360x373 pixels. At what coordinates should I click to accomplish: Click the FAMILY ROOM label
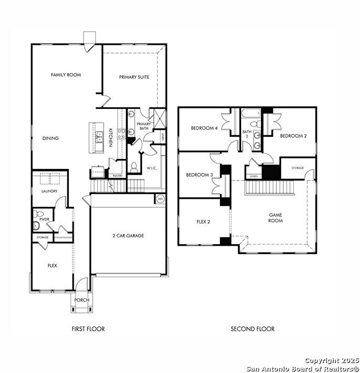[x=66, y=75]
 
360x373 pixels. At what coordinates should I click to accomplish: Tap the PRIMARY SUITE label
[x=134, y=77]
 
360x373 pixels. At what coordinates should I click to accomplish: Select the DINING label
[x=51, y=138]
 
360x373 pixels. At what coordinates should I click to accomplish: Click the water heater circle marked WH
[x=161, y=199]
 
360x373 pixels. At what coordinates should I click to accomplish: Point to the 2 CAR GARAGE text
[x=128, y=236]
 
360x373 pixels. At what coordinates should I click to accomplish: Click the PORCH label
[x=82, y=300]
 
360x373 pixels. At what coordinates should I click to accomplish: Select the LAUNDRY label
[x=49, y=191]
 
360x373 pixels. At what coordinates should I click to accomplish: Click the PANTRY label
[x=117, y=176]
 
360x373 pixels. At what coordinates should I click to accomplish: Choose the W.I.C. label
[x=152, y=168]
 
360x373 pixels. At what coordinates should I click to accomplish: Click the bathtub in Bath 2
[x=251, y=113]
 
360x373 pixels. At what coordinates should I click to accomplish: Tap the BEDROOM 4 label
[x=204, y=128]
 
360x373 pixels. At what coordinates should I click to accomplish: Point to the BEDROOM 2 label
[x=293, y=136]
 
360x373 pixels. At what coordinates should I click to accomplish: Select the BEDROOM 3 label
[x=199, y=175]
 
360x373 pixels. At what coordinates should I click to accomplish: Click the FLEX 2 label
[x=203, y=221]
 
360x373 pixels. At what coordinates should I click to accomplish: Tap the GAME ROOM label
[x=276, y=218]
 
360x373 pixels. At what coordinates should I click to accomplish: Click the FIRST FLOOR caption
[x=88, y=329]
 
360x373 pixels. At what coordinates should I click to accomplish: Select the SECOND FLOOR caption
[x=253, y=329]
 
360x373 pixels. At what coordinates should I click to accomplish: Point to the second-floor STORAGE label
[x=298, y=168]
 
